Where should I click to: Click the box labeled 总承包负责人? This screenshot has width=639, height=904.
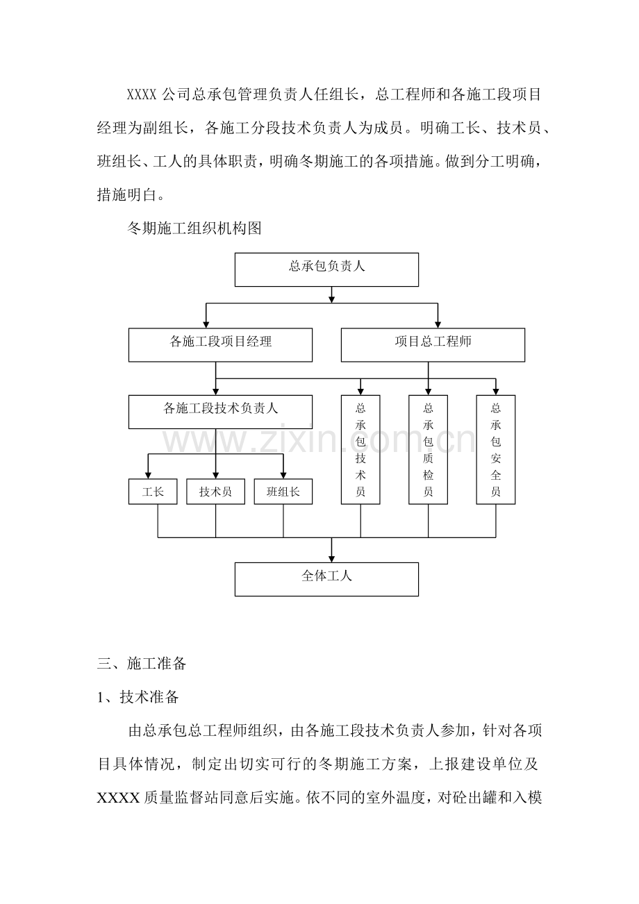[326, 269]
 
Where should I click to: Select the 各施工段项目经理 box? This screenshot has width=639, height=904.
[220, 345]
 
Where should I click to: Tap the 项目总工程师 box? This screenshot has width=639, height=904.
[433, 345]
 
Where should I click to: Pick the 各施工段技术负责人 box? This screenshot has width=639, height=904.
[220, 412]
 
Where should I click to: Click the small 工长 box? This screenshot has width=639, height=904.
[153, 492]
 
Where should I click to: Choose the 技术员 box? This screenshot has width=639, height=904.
[215, 492]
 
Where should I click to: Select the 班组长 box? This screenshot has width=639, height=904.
[283, 492]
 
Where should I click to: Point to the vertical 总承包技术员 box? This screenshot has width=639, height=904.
[360, 449]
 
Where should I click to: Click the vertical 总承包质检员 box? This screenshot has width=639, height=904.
[428, 449]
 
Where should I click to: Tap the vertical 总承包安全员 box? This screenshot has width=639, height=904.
[496, 449]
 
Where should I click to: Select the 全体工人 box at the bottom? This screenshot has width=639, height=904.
[326, 579]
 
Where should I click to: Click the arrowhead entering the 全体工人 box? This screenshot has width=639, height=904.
[332, 558]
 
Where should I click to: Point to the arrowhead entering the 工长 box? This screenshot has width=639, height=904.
[148, 475]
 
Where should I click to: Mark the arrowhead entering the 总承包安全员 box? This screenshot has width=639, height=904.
[496, 391]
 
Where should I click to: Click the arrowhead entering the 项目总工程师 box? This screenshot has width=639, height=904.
[438, 324]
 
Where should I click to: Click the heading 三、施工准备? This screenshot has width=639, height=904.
[142, 663]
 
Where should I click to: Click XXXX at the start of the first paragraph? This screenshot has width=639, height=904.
[142, 94]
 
